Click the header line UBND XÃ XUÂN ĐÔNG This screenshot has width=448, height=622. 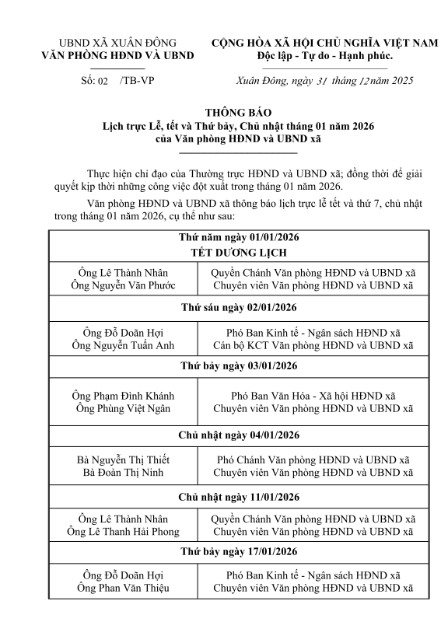[117, 42]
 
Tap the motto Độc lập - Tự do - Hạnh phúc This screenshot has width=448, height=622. [325, 56]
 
